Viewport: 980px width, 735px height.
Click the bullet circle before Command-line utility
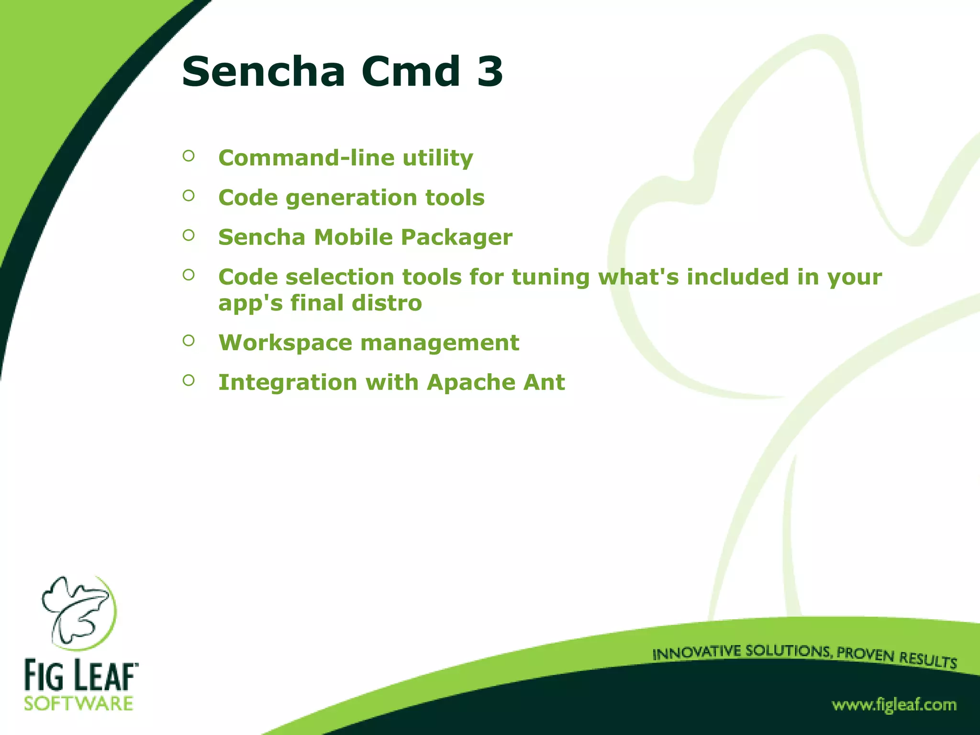(x=189, y=156)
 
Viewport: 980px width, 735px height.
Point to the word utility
(x=437, y=158)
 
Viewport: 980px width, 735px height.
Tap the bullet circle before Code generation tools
(x=189, y=195)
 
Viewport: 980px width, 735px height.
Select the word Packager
(x=457, y=238)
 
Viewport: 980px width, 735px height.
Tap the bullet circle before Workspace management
(x=189, y=340)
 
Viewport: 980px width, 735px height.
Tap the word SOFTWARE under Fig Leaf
(x=78, y=704)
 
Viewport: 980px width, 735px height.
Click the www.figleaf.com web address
(x=894, y=705)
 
